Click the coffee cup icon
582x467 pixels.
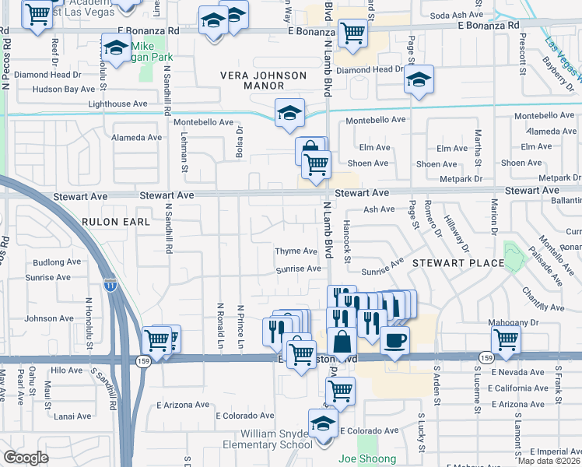[394, 340]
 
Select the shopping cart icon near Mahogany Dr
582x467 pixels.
[506, 339]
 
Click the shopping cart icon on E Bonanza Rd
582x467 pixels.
[353, 33]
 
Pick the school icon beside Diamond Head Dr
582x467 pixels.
[419, 79]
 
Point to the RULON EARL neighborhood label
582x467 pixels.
[109, 222]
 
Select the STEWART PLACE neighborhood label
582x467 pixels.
[458, 263]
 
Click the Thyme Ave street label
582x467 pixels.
[296, 251]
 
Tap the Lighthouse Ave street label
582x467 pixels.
[117, 104]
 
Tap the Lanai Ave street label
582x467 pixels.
[73, 416]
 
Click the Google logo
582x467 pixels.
[26, 458]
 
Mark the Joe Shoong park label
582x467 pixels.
[367, 459]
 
